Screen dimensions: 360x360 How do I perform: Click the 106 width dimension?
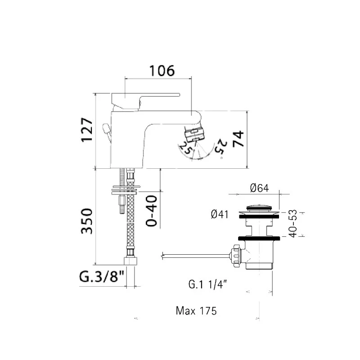pos(162,71)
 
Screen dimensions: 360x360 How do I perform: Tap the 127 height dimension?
pos(87,130)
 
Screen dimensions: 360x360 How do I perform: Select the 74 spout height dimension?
pos(238,139)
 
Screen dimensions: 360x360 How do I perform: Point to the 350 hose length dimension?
pos(87,221)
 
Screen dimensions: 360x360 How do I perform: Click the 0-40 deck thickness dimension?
pos(152,211)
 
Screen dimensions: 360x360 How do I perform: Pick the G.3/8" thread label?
pos(102,276)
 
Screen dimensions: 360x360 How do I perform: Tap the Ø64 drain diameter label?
pos(259,188)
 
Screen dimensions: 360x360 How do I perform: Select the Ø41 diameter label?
pos(220,215)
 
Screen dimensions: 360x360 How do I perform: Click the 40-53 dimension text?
pos(293,223)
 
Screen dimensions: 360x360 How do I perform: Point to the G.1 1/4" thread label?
pos(207,284)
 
